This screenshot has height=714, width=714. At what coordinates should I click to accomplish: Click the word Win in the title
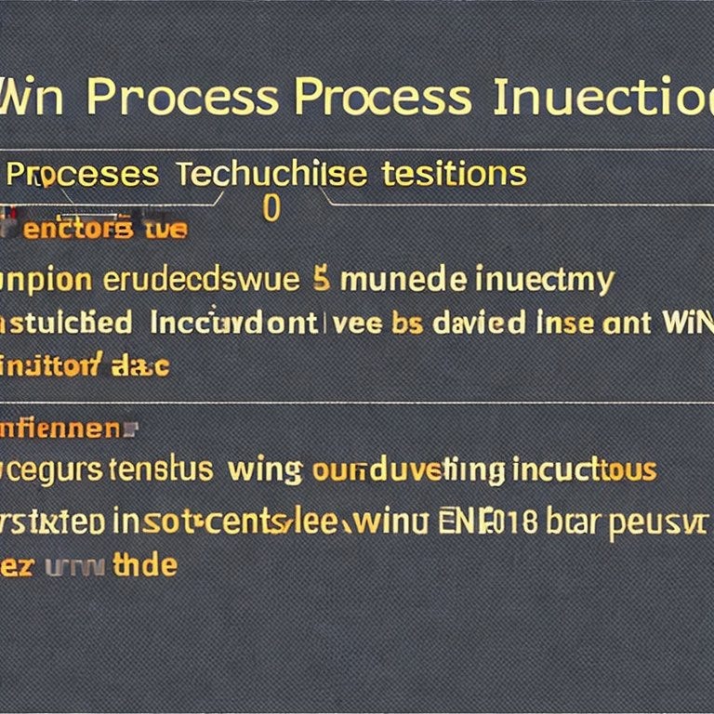(x=32, y=99)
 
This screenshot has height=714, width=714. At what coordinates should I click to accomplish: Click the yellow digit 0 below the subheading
(x=271, y=209)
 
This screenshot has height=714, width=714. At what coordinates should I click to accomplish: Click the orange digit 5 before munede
(x=322, y=279)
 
